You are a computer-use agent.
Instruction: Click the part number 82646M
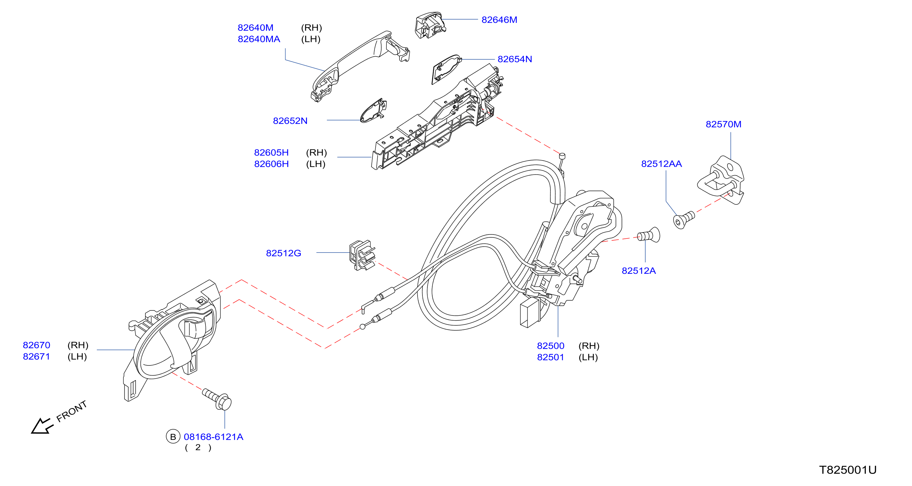point(499,20)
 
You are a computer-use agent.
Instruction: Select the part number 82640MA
point(259,39)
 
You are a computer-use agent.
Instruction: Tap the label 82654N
point(515,59)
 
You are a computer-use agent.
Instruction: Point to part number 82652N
point(290,121)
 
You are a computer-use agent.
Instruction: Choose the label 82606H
point(271,164)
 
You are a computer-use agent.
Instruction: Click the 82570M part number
point(723,124)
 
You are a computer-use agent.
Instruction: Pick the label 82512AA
point(661,164)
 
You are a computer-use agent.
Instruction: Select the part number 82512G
point(283,253)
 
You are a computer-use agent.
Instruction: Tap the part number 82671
point(36,357)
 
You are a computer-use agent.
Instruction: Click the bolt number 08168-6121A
point(213,437)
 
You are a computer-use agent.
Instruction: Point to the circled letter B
point(173,437)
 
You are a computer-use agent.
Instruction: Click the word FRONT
point(72,412)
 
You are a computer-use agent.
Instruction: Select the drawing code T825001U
point(848,470)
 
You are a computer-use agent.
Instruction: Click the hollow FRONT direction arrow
point(42,426)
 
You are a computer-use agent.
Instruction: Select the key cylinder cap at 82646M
point(430,25)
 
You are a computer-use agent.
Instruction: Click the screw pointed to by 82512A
point(649,235)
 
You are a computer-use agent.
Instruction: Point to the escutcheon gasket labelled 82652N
point(373,111)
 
